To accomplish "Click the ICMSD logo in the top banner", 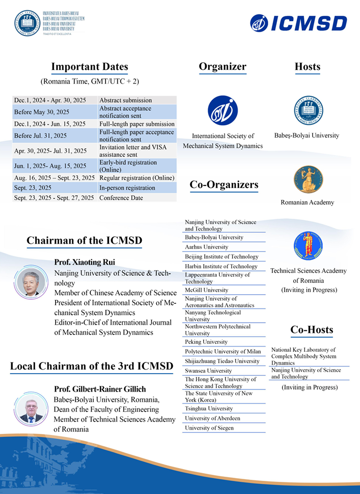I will pyautogui.click(x=298, y=23).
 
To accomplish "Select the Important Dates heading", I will pyautogui.click(x=90, y=67).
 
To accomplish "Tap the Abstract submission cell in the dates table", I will pyautogui.click(x=125, y=100).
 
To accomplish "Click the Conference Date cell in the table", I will pyautogui.click(x=121, y=198).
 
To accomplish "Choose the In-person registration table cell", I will pyautogui.click(x=127, y=188).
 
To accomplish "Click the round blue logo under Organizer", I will pyautogui.click(x=223, y=111).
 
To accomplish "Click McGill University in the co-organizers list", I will pyautogui.click(x=207, y=290).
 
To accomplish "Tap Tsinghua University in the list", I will pyautogui.click(x=209, y=408).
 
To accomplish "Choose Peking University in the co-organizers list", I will pyautogui.click(x=206, y=342).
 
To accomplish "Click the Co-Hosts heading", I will pyautogui.click(x=312, y=330).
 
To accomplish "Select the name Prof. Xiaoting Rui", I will pyautogui.click(x=85, y=262).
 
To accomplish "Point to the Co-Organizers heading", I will pyautogui.click(x=224, y=185).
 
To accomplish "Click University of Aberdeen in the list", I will pyautogui.click(x=213, y=419).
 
